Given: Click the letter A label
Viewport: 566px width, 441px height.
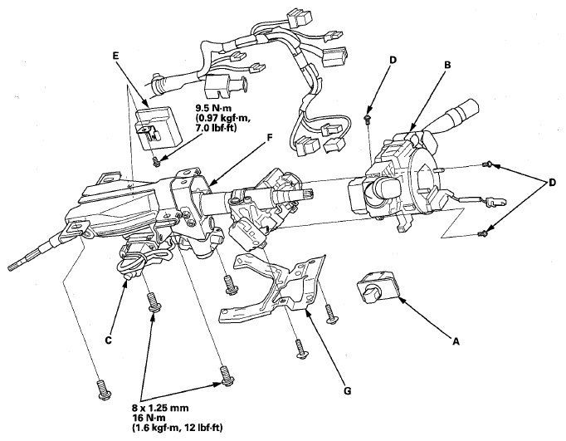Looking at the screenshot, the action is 456,341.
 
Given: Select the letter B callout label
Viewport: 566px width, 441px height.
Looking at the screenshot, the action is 447,65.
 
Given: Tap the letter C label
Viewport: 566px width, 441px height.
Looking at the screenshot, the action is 108,340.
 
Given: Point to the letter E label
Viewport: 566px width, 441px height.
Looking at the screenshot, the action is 115,56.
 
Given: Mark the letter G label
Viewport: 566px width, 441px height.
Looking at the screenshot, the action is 347,390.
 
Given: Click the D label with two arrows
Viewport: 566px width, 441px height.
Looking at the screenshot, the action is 552,183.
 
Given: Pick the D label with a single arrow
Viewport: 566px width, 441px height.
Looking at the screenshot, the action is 393,60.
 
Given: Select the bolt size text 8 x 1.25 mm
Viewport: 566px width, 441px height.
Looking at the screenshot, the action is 160,408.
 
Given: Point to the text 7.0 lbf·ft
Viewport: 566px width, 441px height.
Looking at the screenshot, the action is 217,128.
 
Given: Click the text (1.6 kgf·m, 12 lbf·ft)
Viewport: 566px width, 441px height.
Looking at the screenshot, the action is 178,428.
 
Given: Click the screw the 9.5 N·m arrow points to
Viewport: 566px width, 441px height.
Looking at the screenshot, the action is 156,162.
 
